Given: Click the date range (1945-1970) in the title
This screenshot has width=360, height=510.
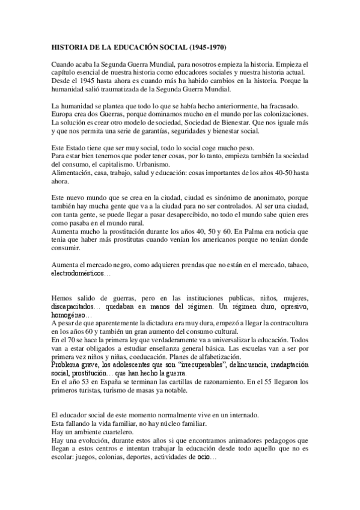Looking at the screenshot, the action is tap(208, 46).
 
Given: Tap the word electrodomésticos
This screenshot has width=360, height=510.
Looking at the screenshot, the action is tap(78, 273).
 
